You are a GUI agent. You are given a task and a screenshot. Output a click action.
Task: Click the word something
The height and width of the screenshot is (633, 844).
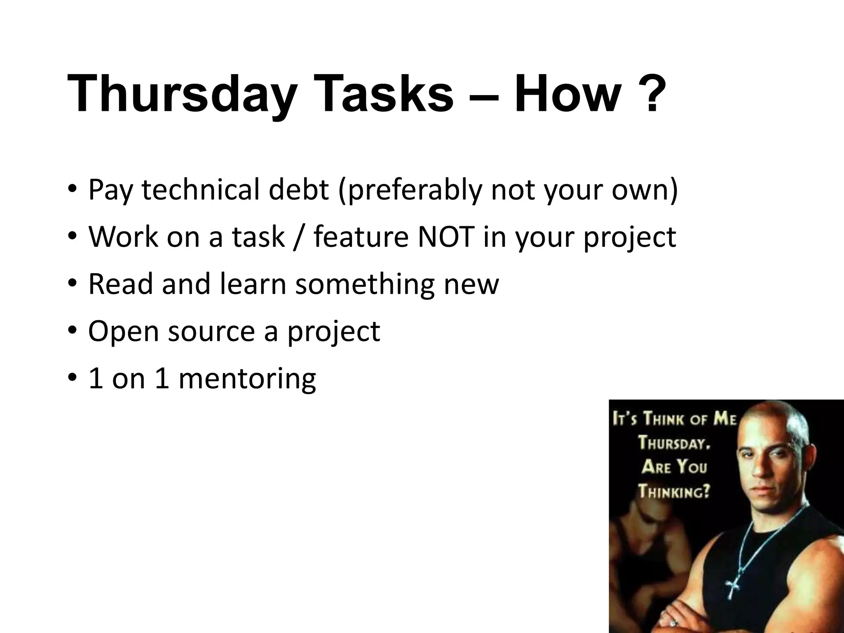[365, 284]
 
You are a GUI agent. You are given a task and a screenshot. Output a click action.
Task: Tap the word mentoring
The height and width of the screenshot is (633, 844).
[247, 379]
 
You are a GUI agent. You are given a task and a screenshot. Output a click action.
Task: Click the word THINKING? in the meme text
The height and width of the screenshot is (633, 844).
[674, 491]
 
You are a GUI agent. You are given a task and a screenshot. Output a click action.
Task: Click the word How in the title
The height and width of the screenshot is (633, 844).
[567, 94]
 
